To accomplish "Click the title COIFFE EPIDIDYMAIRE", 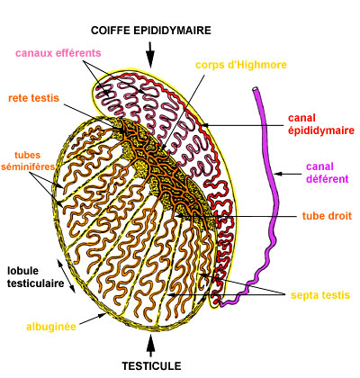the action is [151, 31].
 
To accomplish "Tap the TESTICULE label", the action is [151, 366].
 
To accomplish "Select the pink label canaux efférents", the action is [58, 53].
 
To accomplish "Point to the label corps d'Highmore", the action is [241, 65].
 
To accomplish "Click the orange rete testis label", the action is [33, 98].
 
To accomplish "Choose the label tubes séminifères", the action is [28, 161].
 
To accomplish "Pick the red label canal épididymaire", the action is [321, 124].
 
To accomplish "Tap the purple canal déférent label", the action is [328, 173].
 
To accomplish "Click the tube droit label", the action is [327, 216].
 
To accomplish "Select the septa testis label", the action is [320, 295].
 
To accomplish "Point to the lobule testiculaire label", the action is [36, 277].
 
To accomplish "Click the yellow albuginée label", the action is [51, 327].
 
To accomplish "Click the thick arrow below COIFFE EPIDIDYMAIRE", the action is [150, 54].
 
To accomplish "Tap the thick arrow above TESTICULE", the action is [151, 346].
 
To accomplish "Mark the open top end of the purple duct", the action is [256, 89].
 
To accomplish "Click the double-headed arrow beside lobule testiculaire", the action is [66, 276].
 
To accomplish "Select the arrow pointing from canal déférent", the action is [288, 174].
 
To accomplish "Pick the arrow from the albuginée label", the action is [93, 319].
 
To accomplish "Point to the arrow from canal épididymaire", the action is [243, 125].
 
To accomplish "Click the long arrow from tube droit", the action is [237, 216].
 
